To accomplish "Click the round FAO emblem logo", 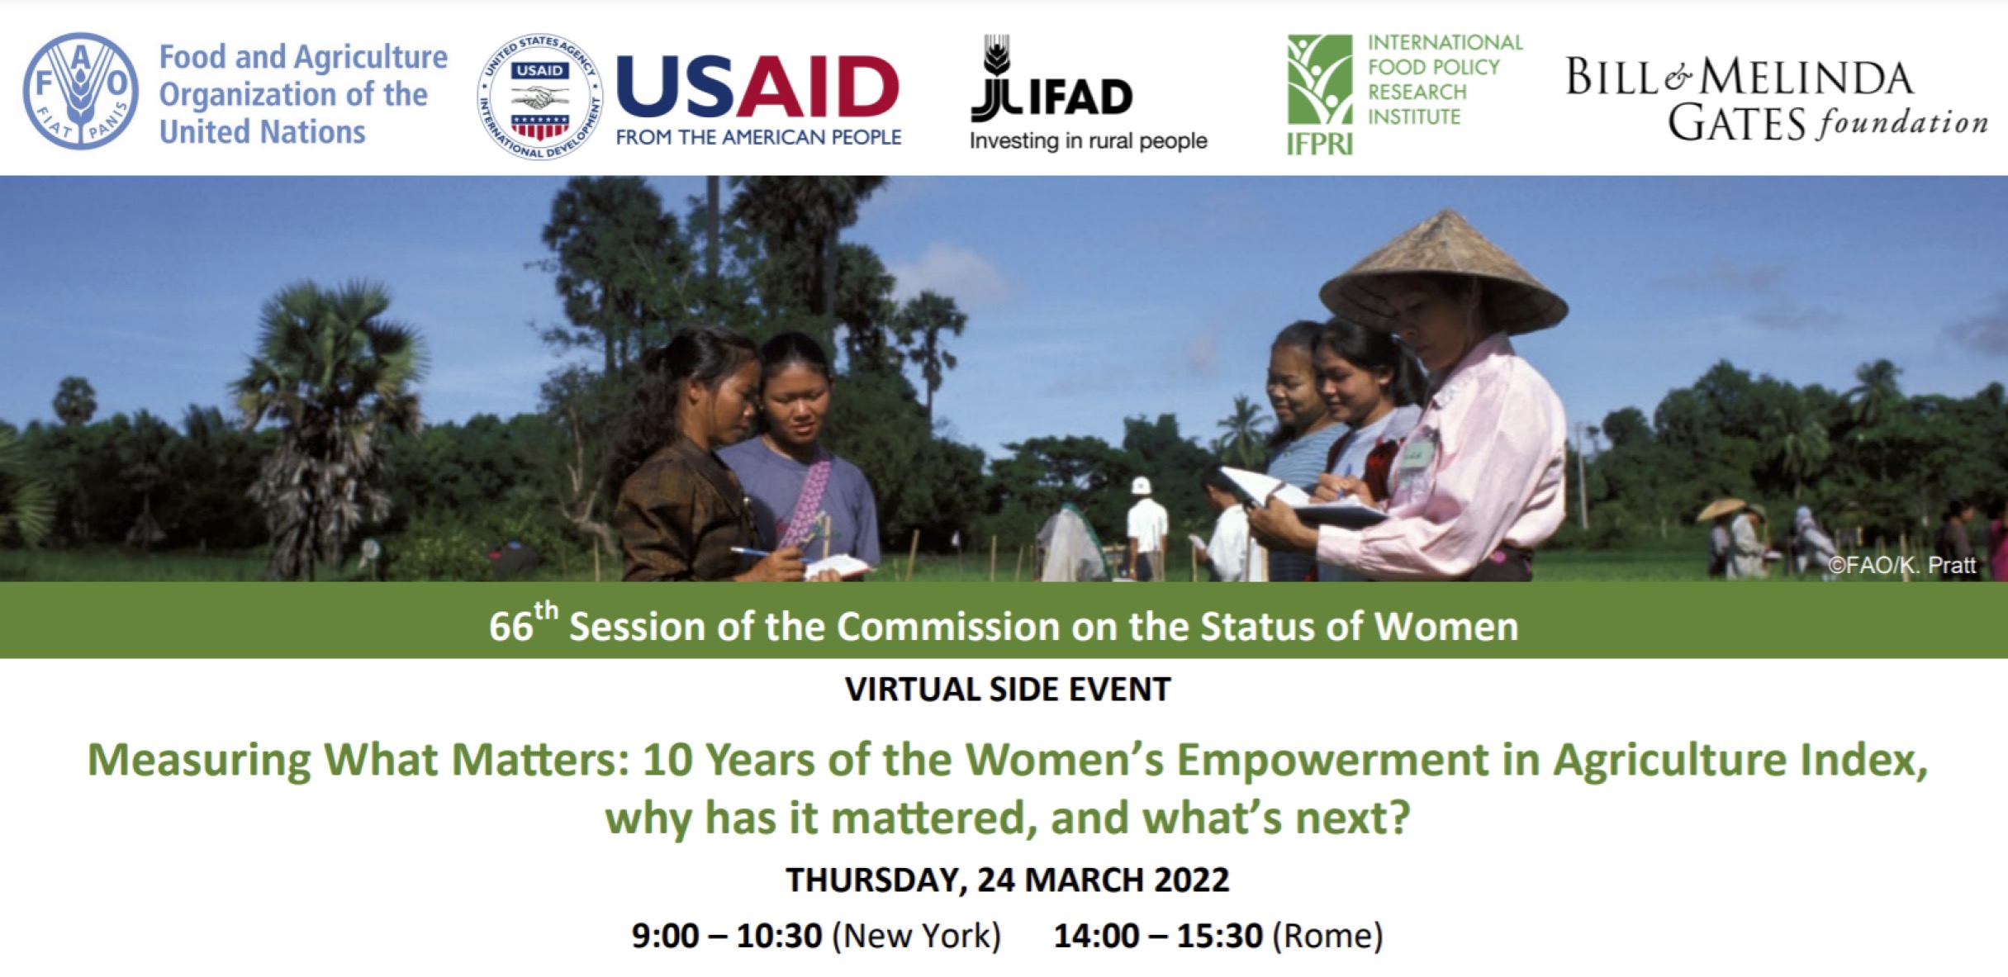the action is (x=81, y=91).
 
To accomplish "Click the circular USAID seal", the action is (x=540, y=97).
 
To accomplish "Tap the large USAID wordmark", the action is (x=757, y=87).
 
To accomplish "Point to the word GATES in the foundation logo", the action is (x=1736, y=124).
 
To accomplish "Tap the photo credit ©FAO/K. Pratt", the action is (x=1901, y=565).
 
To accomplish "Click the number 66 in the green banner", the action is (x=510, y=627).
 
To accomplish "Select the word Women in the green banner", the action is (x=1446, y=626).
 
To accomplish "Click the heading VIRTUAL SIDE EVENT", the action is (x=1008, y=690).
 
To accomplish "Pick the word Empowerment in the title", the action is (x=1332, y=760).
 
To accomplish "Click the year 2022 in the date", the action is (x=1191, y=880).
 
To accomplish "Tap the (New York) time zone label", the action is (x=916, y=936).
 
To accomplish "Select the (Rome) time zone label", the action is (x=1327, y=936).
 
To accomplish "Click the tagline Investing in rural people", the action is (x=1088, y=141).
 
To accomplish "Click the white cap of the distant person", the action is (x=1142, y=486).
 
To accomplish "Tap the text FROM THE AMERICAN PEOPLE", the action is (x=758, y=137).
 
